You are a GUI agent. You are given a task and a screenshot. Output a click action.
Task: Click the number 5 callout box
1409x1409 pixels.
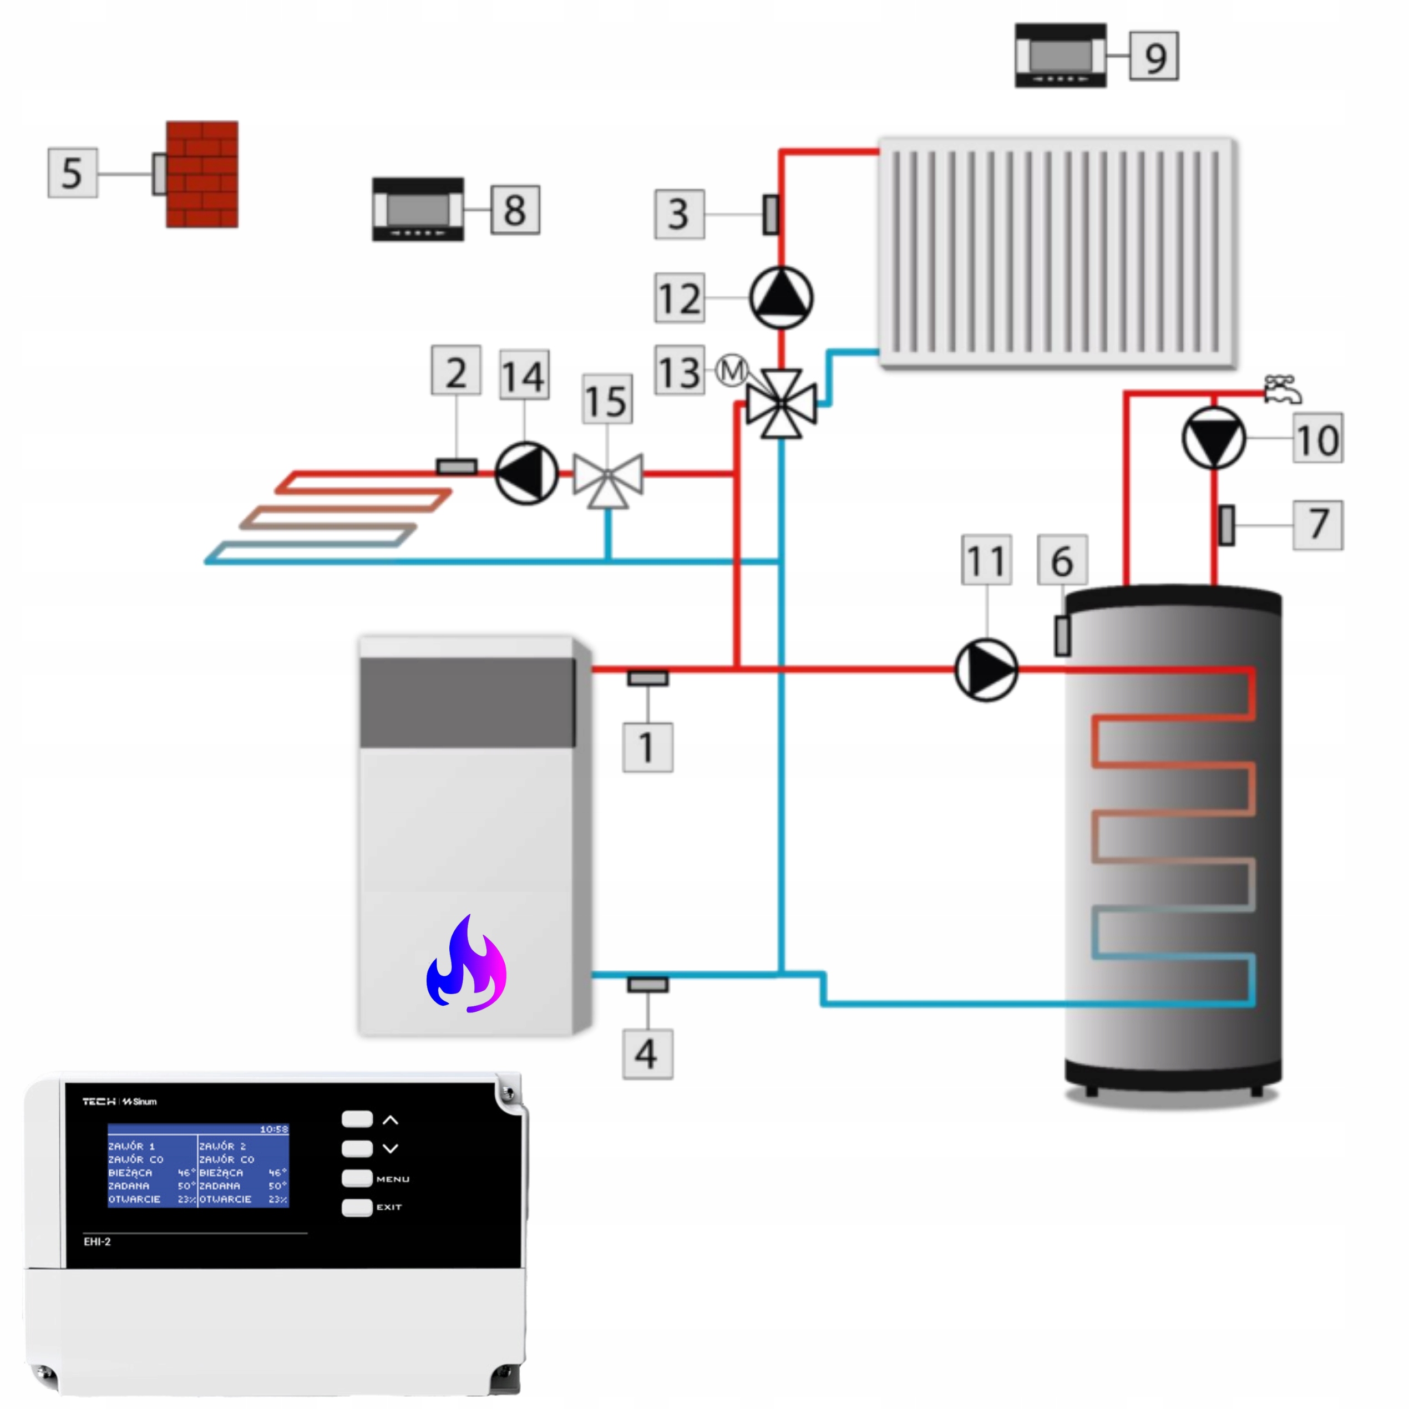tap(72, 173)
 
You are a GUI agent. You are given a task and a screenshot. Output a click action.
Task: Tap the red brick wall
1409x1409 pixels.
tap(202, 174)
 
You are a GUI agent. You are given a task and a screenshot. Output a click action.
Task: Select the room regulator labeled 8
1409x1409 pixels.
tap(418, 209)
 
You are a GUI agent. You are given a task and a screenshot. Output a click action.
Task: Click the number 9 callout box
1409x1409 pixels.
tap(1154, 56)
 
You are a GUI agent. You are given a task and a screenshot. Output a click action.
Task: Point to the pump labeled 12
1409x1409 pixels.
tap(781, 297)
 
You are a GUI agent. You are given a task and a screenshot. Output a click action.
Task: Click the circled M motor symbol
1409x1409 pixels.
tap(732, 370)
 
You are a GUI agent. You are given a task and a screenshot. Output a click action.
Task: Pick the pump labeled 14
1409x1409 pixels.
tap(526, 473)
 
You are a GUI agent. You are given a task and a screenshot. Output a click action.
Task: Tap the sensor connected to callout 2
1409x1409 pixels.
tap(457, 467)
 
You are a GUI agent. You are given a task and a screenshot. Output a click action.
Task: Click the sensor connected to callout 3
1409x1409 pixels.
tap(770, 215)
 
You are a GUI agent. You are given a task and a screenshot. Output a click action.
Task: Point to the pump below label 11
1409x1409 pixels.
tap(986, 670)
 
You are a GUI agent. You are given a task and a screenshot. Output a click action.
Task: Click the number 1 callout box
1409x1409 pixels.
tap(647, 747)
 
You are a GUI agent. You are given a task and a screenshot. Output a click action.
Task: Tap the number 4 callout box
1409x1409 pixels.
tap(647, 1054)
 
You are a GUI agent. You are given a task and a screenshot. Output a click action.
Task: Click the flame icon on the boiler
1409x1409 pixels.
tap(467, 964)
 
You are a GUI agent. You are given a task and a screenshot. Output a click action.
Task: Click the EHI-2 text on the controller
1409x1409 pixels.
tap(97, 1241)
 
